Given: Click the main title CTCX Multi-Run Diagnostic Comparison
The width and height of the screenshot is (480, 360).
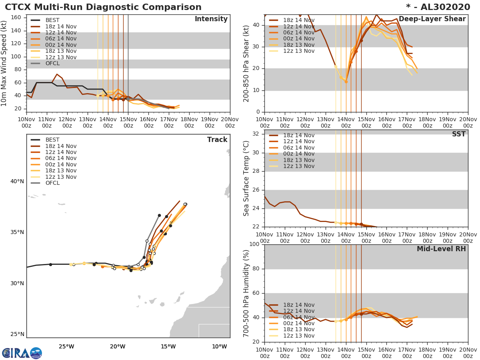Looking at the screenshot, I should pyautogui.click(x=103, y=7).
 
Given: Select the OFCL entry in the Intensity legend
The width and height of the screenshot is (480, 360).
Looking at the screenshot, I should pyautogui.click(x=52, y=64).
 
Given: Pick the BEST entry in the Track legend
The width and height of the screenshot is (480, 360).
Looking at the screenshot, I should pyautogui.click(x=52, y=140).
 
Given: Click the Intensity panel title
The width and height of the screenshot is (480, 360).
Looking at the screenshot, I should pyautogui.click(x=211, y=19).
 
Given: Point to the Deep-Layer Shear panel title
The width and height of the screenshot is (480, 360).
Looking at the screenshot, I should pyautogui.click(x=432, y=19).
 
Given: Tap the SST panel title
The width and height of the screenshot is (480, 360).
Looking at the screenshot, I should pyautogui.click(x=458, y=134).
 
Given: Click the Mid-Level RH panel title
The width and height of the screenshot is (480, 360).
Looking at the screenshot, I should pyautogui.click(x=441, y=249).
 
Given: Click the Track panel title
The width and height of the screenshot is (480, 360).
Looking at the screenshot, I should pyautogui.click(x=217, y=140).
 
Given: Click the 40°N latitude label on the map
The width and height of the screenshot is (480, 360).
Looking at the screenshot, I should pyautogui.click(x=17, y=182).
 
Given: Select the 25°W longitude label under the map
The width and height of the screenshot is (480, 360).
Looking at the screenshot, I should pyautogui.click(x=67, y=346).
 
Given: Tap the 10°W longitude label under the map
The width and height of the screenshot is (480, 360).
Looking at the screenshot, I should pyautogui.click(x=219, y=346).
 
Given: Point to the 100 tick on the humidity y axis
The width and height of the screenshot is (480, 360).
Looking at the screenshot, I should pyautogui.click(x=254, y=244).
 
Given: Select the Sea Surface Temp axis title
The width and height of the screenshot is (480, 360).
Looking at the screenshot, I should pyautogui.click(x=246, y=179).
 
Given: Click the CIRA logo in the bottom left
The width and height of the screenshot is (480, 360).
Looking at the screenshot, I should pyautogui.click(x=22, y=353).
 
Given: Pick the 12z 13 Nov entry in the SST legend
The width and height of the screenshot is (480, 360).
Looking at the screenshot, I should pyautogui.click(x=299, y=166).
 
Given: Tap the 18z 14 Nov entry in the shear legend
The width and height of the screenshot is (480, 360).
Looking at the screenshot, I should pyautogui.click(x=299, y=20).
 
